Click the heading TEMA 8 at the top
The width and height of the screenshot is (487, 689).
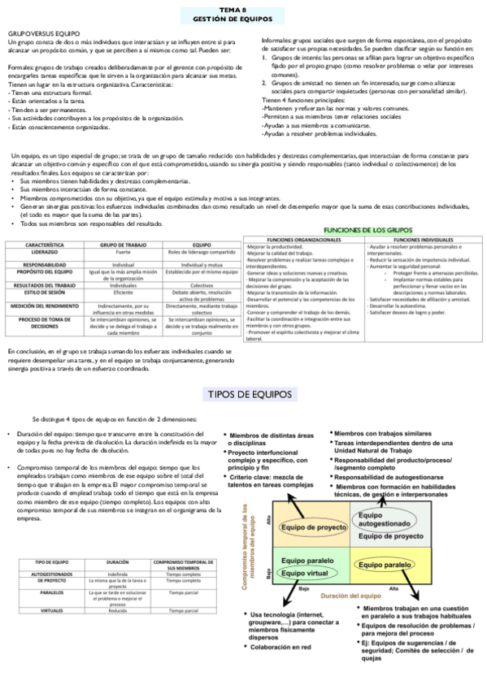coord(242,6)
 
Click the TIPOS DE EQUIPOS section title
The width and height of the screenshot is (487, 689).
coord(243,393)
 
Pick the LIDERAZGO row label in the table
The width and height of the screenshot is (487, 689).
coord(45,252)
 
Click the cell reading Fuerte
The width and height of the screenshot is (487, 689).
coord(123,252)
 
